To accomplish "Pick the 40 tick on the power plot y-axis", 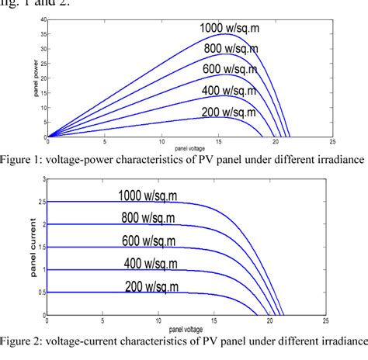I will click(41, 19).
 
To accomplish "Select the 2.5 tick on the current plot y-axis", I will click(40, 202).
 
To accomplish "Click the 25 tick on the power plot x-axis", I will click(332, 143).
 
